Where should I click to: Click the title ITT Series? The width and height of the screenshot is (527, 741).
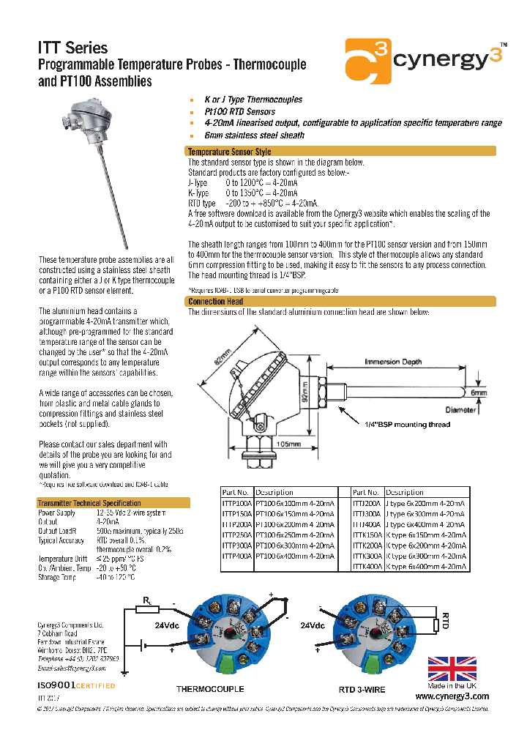pyautogui.click(x=72, y=48)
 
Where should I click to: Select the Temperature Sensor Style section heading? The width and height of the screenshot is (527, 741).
pyautogui.click(x=230, y=152)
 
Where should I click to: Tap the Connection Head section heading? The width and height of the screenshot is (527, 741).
pyautogui.click(x=216, y=302)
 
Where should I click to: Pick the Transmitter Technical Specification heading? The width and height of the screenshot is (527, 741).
pyautogui.click(x=89, y=503)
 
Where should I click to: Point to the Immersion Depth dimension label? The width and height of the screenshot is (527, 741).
pyautogui.click(x=393, y=362)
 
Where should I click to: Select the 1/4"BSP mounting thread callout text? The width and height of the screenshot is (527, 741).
pyautogui.click(x=408, y=425)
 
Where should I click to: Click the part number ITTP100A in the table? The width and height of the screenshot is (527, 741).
pyautogui.click(x=236, y=504)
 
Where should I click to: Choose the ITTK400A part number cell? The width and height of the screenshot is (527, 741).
pyautogui.click(x=368, y=567)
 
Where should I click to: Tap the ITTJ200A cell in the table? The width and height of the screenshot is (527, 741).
pyautogui.click(x=368, y=504)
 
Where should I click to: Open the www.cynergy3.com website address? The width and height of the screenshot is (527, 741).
pyautogui.click(x=452, y=696)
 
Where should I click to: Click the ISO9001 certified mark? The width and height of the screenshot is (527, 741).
pyautogui.click(x=76, y=685)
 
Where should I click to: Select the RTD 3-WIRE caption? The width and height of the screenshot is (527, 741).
pyautogui.click(x=362, y=689)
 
